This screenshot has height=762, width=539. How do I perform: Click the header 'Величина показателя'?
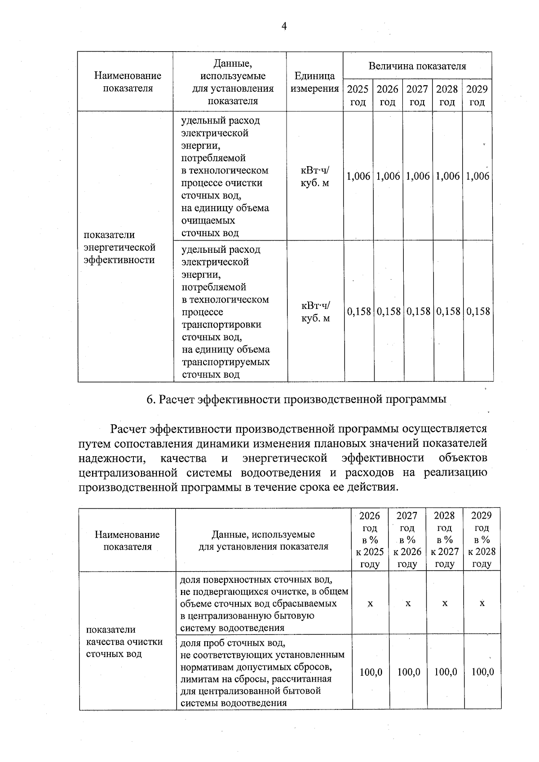click(417, 66)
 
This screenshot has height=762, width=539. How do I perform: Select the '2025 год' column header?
click(358, 95)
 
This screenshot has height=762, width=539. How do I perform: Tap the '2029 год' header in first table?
click(477, 95)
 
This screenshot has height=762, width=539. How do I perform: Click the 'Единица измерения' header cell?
click(314, 82)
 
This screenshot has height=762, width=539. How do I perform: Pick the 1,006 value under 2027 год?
click(418, 176)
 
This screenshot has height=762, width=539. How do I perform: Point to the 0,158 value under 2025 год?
click(359, 311)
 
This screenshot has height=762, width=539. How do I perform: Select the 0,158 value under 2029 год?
click(477, 311)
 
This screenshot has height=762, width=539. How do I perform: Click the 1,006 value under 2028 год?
click(447, 176)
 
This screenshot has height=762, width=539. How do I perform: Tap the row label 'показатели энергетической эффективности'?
click(120, 247)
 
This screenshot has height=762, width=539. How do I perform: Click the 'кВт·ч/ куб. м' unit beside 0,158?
click(315, 312)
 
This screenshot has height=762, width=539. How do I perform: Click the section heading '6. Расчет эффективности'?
click(296, 399)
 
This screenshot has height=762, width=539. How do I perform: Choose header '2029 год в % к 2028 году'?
click(482, 540)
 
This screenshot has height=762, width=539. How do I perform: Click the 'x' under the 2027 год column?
click(408, 603)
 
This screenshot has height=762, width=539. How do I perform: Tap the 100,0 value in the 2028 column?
click(446, 672)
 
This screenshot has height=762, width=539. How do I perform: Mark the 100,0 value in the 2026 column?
click(371, 672)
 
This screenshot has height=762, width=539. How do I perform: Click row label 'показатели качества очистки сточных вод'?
click(124, 642)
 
